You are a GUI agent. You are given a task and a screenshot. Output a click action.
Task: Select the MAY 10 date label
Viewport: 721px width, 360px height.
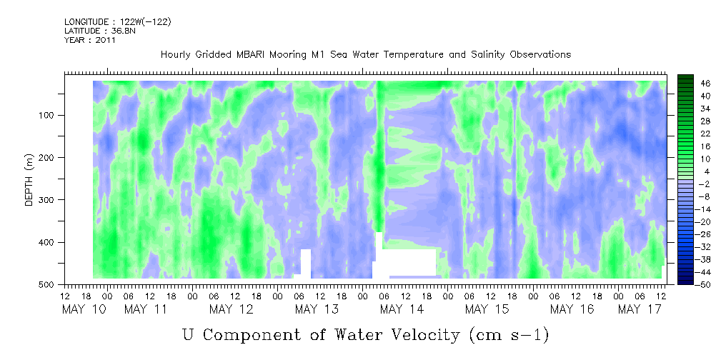tap(84, 309)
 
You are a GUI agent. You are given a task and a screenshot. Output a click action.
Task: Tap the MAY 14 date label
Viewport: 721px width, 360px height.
tap(402, 309)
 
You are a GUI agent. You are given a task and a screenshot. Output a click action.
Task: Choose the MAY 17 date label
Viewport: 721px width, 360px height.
tap(640, 309)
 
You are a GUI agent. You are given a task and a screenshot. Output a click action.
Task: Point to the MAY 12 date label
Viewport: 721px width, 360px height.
tap(232, 309)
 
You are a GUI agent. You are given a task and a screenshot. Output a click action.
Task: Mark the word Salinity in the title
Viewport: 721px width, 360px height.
tap(488, 55)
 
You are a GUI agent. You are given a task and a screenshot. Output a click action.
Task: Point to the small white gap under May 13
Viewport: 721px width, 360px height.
tap(305, 263)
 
